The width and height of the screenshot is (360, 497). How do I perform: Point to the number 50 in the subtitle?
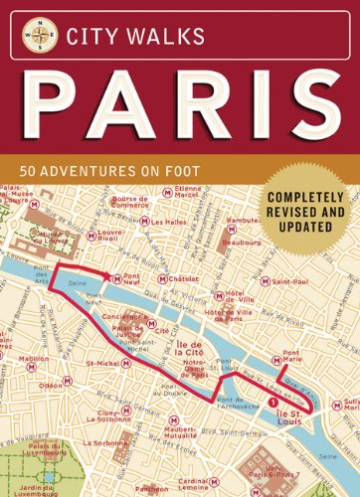click(x=61, y=171)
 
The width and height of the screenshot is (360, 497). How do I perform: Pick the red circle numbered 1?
click(x=272, y=402)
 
